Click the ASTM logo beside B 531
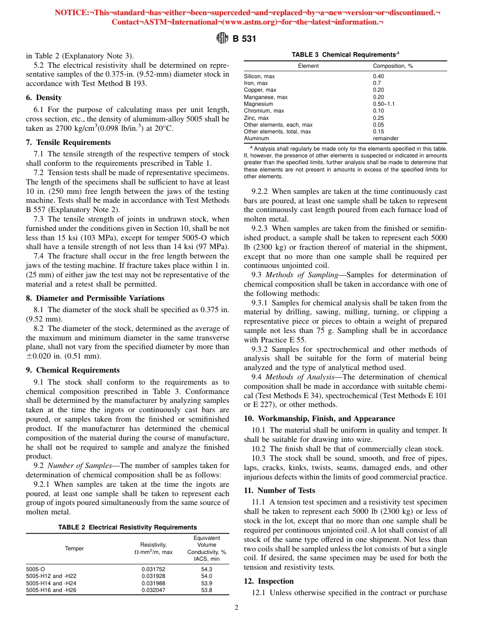pos(222,39)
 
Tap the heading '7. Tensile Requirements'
pos(68,142)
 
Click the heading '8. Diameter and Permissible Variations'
pos(95,298)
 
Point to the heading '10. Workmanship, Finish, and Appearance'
pos(319,418)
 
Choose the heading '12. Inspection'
pos(269,581)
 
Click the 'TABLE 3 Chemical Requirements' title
pos(345,55)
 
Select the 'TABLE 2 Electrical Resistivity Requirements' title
pos(128,527)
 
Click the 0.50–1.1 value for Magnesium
pos(383,104)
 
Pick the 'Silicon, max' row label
pos(259,77)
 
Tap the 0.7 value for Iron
pos(377,83)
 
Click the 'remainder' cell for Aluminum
pos(386,139)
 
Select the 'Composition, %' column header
pos(393,66)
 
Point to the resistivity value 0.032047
pos(154,590)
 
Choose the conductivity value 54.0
pos(206,576)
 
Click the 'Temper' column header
pos(74,548)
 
